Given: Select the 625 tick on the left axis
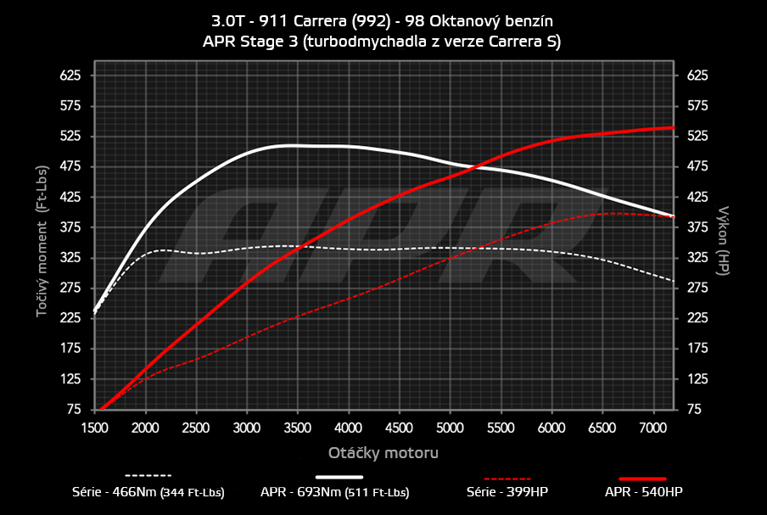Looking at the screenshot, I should (69, 76).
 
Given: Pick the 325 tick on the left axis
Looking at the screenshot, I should (69, 258).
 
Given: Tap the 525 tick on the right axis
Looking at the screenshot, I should (697, 137).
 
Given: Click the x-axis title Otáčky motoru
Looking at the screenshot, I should (383, 453).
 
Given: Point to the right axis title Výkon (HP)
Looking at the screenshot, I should (724, 238).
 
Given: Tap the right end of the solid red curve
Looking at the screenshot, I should (673, 127).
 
